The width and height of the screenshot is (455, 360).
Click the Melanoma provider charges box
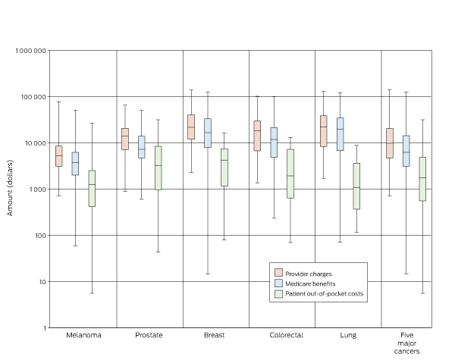[x=58, y=156]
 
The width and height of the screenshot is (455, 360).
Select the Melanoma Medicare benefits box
[x=75, y=164]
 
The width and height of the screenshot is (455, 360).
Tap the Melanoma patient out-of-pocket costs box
[x=92, y=188]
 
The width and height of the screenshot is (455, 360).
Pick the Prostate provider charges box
[x=124, y=139]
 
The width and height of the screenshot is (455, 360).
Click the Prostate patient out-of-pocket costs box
[x=158, y=167]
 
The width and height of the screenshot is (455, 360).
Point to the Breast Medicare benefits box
[x=208, y=133]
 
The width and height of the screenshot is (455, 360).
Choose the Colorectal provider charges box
[x=257, y=136]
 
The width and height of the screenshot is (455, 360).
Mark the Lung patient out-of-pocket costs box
[x=356, y=186]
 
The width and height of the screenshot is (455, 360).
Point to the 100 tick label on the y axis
[x=40, y=236]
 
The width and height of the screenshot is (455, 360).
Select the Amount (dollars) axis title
[x=11, y=189]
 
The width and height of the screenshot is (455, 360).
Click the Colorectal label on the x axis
[x=283, y=334]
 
